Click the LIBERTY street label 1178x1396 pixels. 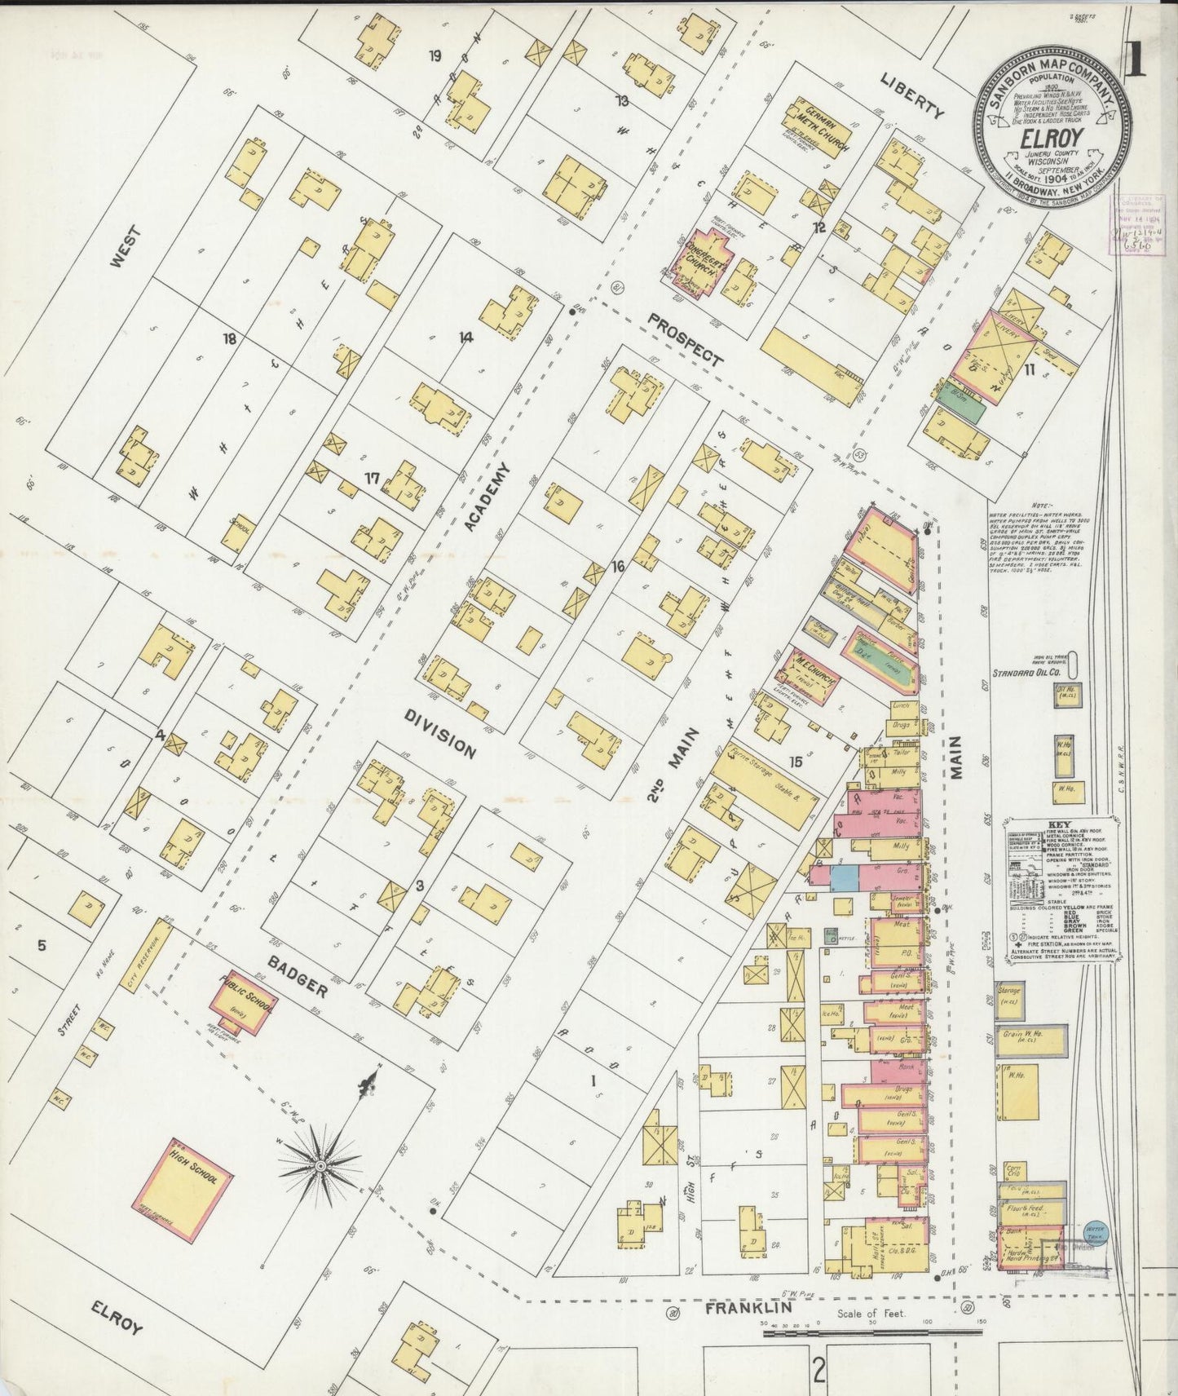tap(912, 96)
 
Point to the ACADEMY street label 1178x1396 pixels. tap(488, 497)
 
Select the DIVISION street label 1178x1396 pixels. tap(439, 732)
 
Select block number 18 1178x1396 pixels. tap(230, 338)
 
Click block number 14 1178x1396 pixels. tap(465, 337)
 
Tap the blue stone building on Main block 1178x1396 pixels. tap(845, 877)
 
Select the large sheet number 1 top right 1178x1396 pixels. tap(1134, 60)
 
